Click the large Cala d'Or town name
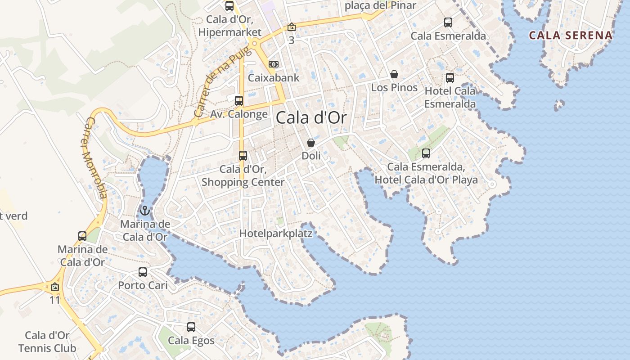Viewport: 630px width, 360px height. click(x=311, y=118)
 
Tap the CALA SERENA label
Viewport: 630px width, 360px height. click(x=571, y=35)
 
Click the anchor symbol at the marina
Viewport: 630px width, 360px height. click(x=145, y=210)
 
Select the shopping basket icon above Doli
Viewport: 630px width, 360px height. click(x=311, y=143)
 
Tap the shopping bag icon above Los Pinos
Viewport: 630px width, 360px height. click(x=394, y=74)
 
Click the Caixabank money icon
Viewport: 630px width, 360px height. click(x=274, y=64)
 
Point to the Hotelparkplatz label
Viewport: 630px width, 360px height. click(x=275, y=234)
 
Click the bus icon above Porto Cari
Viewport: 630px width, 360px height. click(x=143, y=272)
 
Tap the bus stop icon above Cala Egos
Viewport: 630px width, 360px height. click(x=191, y=327)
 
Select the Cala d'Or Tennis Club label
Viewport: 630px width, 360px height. click(x=47, y=342)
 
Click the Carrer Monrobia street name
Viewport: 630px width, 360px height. click(x=95, y=157)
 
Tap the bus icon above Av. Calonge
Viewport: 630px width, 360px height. click(x=239, y=101)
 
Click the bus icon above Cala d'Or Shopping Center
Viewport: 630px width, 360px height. click(x=243, y=156)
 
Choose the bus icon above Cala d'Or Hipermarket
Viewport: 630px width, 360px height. click(x=229, y=6)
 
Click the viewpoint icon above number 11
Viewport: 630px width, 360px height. click(x=55, y=287)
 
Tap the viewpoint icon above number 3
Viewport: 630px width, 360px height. click(x=292, y=27)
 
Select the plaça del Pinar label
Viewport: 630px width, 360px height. click(x=380, y=5)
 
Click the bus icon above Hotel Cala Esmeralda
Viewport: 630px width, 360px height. click(x=450, y=78)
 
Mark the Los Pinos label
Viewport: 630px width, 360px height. click(x=394, y=87)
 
